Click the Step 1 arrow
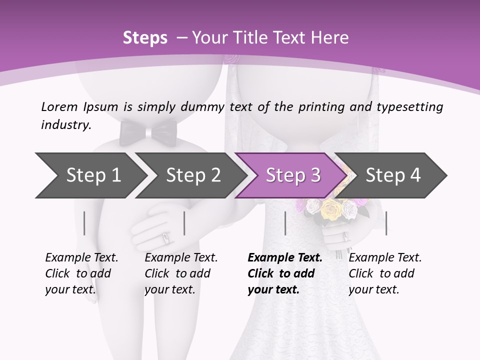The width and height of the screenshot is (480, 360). (x=90, y=175)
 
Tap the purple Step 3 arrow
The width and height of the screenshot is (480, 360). (x=292, y=175)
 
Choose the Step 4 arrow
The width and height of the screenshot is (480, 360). (x=393, y=175)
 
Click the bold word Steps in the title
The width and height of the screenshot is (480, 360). (x=145, y=37)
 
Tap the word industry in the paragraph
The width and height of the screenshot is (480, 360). (x=65, y=125)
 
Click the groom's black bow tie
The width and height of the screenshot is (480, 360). (x=148, y=132)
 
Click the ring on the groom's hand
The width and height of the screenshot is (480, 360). (x=165, y=237)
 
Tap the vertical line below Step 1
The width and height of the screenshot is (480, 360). (x=84, y=223)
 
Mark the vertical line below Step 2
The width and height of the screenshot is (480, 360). (x=184, y=223)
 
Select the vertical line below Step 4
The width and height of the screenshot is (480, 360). (x=386, y=223)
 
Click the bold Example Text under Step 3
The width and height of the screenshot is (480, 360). (x=285, y=258)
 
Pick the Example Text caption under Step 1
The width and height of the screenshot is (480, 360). (x=81, y=258)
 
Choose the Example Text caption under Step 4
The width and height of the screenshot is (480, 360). (x=385, y=258)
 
